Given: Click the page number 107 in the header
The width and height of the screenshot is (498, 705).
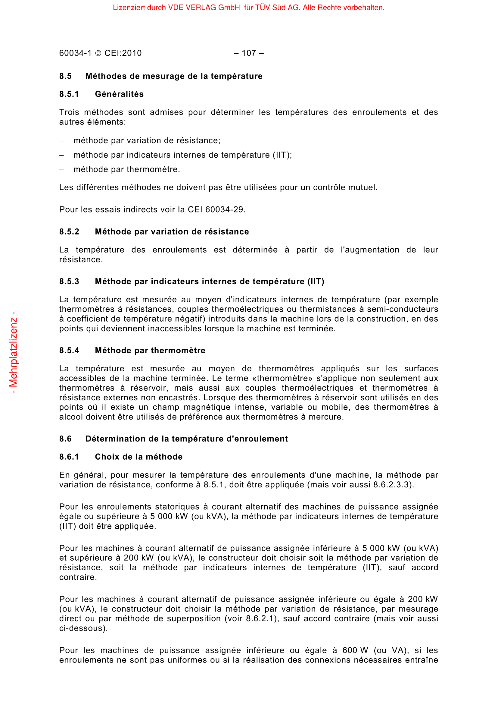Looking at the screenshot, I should click(x=249, y=53).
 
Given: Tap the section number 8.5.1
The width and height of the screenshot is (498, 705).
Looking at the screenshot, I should click(x=69, y=94).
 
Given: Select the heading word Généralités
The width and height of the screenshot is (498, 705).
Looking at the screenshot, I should click(x=119, y=94).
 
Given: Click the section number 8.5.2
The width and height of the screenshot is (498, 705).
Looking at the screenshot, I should click(x=69, y=231).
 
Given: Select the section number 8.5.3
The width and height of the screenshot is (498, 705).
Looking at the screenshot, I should click(x=69, y=281).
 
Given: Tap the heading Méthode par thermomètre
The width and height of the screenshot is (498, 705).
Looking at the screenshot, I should click(x=150, y=350).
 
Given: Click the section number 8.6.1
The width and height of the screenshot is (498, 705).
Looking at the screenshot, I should click(x=69, y=457).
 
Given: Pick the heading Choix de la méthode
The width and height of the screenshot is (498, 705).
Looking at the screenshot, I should click(x=139, y=457).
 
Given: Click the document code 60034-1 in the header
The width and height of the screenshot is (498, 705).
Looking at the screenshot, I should click(x=76, y=53).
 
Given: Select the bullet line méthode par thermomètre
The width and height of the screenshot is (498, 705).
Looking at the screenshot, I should click(x=127, y=169).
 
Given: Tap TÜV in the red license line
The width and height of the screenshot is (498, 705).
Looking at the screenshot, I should click(x=262, y=7).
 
